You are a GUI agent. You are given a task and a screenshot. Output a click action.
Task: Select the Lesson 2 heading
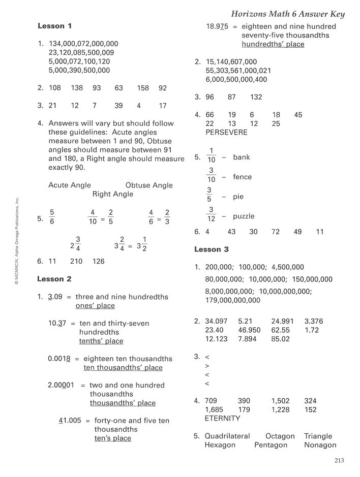(54, 279)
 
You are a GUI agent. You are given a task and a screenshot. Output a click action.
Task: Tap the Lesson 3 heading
(212, 249)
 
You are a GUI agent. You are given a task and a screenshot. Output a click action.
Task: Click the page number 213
(340, 461)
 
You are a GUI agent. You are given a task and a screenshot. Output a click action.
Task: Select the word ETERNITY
(222, 419)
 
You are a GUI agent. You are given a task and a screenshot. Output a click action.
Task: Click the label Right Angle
(113, 194)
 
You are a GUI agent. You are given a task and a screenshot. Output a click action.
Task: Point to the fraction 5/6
(52, 218)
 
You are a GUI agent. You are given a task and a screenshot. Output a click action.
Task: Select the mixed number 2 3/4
(76, 244)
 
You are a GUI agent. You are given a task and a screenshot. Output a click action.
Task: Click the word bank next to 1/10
(242, 157)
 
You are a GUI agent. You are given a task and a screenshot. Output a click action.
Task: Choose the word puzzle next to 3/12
(244, 216)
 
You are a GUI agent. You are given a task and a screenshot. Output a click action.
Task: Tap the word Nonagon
(321, 445)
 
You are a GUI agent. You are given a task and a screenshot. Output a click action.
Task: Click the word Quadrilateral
(227, 436)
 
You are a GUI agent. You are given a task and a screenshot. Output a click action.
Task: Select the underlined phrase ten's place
(112, 438)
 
